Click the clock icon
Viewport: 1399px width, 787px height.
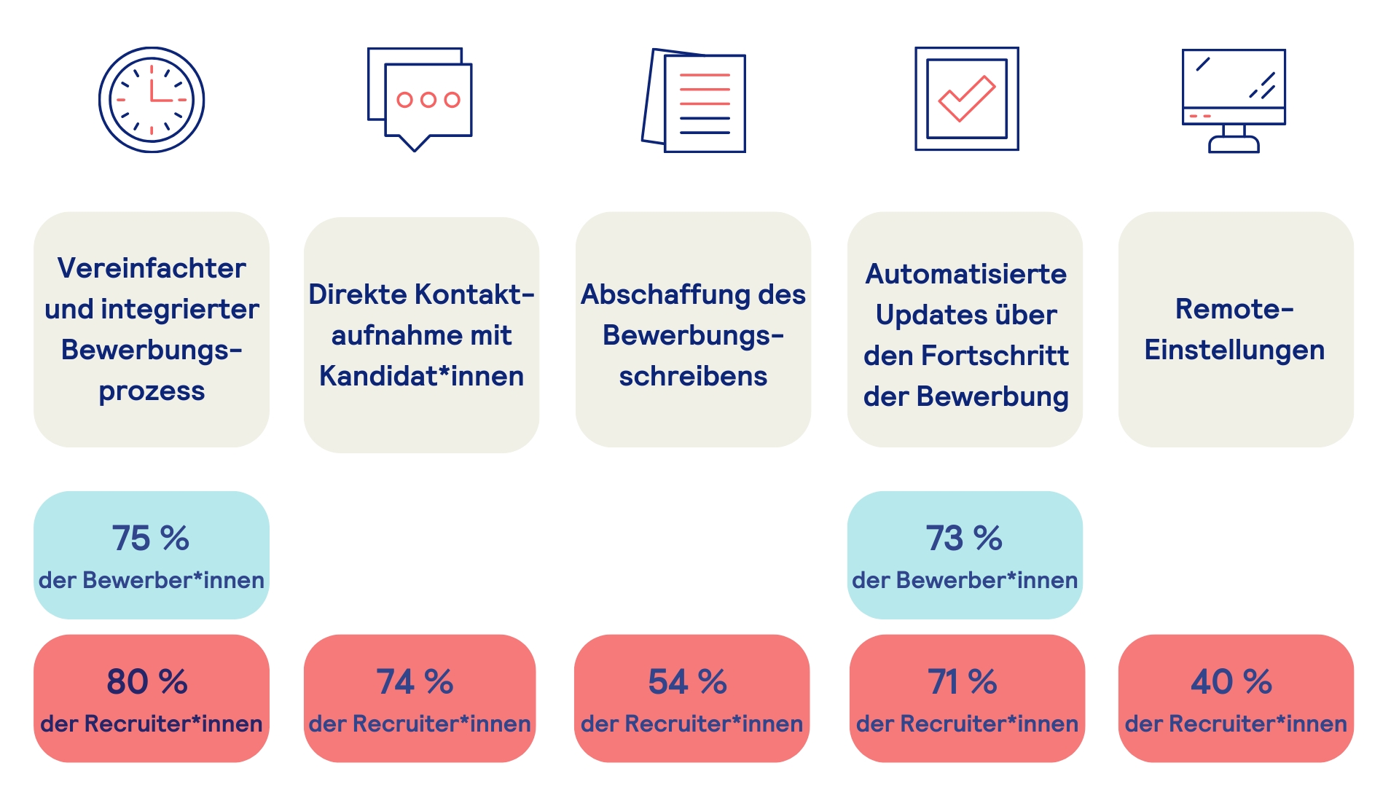[x=152, y=100]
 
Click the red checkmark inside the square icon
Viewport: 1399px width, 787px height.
[x=966, y=98]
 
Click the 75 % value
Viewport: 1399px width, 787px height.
[x=151, y=539]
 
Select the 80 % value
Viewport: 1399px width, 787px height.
[x=148, y=682]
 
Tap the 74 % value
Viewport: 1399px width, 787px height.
[x=415, y=682]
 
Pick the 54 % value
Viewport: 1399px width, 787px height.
[x=688, y=682]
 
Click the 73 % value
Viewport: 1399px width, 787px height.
[x=964, y=539]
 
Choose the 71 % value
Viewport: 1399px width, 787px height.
[x=963, y=682]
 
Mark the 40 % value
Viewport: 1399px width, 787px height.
[x=1231, y=682]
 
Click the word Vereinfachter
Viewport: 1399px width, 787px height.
[x=152, y=268]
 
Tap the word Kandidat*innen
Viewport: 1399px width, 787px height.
[x=421, y=376]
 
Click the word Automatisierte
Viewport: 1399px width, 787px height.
[x=965, y=274]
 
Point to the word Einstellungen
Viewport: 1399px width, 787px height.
[x=1234, y=350]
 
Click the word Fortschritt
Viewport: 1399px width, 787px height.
[x=995, y=356]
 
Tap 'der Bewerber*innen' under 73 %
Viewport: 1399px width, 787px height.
[x=965, y=580]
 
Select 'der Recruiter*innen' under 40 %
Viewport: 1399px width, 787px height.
[x=1236, y=724]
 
